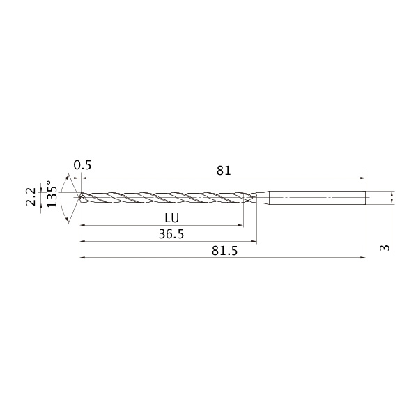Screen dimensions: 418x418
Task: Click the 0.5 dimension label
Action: [x=82, y=165]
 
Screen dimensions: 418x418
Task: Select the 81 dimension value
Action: [x=224, y=171]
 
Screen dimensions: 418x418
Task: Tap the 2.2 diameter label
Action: [x=31, y=196]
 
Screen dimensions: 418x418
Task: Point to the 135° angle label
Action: [x=52, y=194]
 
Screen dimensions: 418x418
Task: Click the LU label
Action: [x=171, y=218]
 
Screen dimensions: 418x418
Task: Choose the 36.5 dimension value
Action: [x=171, y=234]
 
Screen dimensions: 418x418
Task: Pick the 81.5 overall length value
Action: [x=224, y=251]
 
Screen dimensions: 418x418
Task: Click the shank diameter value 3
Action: [x=385, y=248]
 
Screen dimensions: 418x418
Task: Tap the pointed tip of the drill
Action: [x=79, y=198]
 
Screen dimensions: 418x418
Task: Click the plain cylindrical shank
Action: [x=317, y=198]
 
